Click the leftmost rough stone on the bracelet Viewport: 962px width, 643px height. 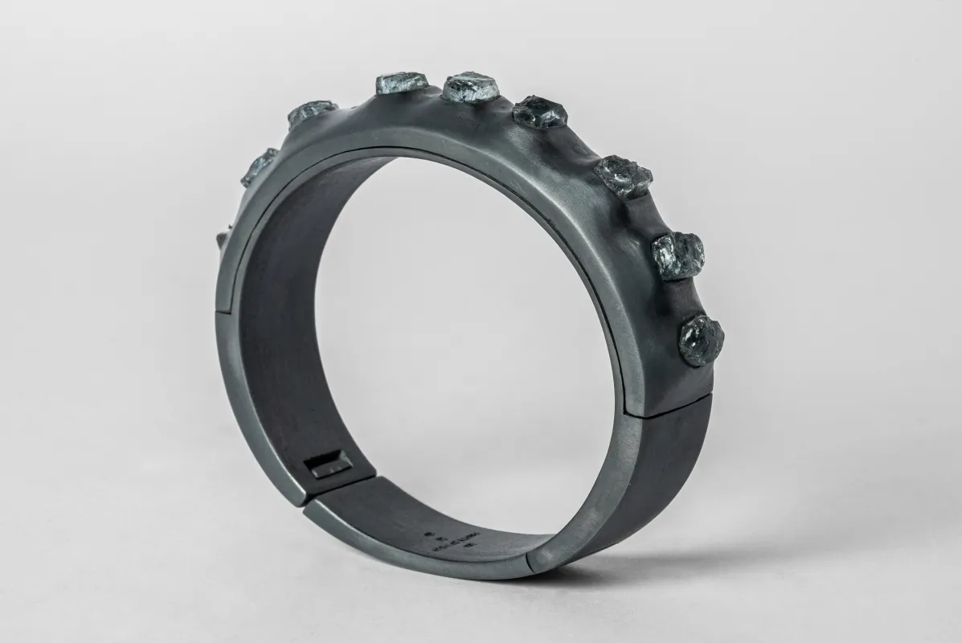point(259,167)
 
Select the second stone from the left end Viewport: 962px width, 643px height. point(311,113)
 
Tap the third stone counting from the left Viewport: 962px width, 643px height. point(400,83)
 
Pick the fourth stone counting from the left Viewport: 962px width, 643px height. point(473,86)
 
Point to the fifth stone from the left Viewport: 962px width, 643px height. point(540,112)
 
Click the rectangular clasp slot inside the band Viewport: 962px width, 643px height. point(329,464)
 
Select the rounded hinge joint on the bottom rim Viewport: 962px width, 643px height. point(526,560)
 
